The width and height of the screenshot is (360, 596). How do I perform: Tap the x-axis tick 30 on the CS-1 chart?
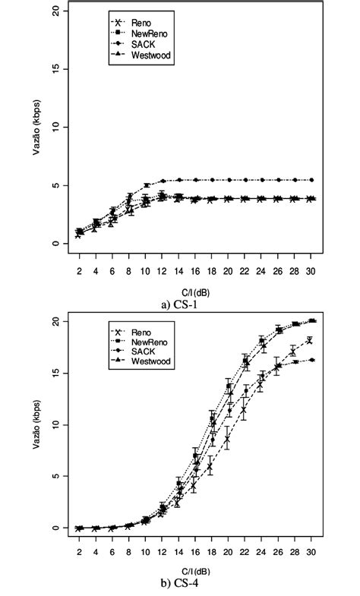(311, 271)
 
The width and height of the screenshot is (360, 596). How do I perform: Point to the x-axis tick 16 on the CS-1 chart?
(195, 271)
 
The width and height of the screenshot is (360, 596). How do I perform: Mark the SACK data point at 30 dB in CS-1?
(311, 180)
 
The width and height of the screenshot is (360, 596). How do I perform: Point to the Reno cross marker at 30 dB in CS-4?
(310, 340)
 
